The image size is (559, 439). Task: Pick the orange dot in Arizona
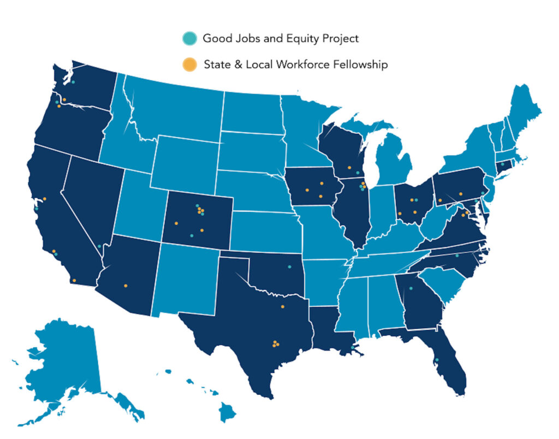[x=126, y=286]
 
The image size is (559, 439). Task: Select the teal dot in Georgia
[x=411, y=288]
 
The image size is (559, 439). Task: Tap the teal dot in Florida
[x=437, y=360]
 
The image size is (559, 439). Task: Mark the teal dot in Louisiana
[x=354, y=347]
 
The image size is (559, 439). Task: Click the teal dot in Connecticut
[x=502, y=163]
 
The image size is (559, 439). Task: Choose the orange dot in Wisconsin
[x=348, y=168]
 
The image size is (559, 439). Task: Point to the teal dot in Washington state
[x=73, y=82]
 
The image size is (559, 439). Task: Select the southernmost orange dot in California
[x=74, y=281]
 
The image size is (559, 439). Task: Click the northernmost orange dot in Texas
[x=282, y=307]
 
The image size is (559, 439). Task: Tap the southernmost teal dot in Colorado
[x=192, y=235]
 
